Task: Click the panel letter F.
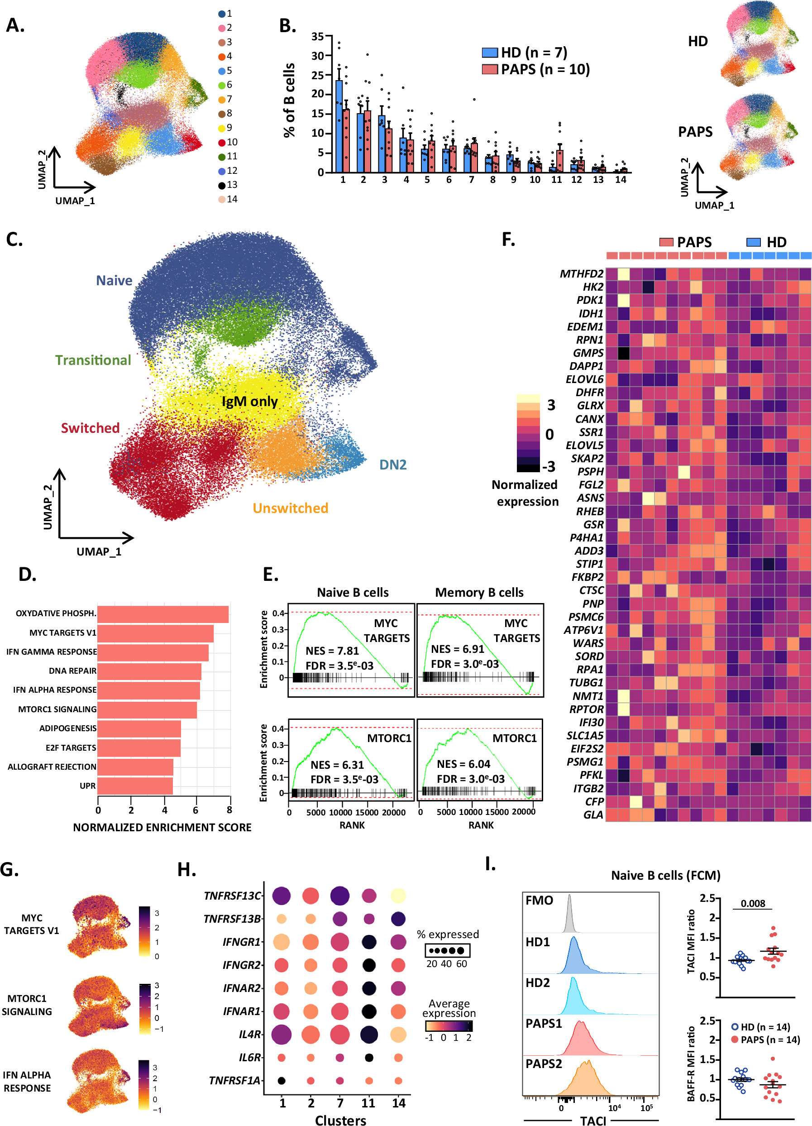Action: coord(508,240)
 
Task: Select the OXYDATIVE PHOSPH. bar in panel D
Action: coord(163,614)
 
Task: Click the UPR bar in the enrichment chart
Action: coord(135,786)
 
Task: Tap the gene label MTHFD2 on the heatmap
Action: coord(581,274)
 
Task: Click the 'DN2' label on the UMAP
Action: coord(392,465)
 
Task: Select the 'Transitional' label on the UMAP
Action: coord(93,360)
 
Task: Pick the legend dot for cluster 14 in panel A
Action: coord(222,199)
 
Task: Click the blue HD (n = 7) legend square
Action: coord(489,53)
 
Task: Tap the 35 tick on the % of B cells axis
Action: coord(317,36)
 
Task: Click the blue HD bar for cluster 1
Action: coord(339,127)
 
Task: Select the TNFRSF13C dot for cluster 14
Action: coord(398,896)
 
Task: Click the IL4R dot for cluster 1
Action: coord(282,1035)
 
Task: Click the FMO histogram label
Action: coord(539,900)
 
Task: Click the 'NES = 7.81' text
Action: coord(332,651)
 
